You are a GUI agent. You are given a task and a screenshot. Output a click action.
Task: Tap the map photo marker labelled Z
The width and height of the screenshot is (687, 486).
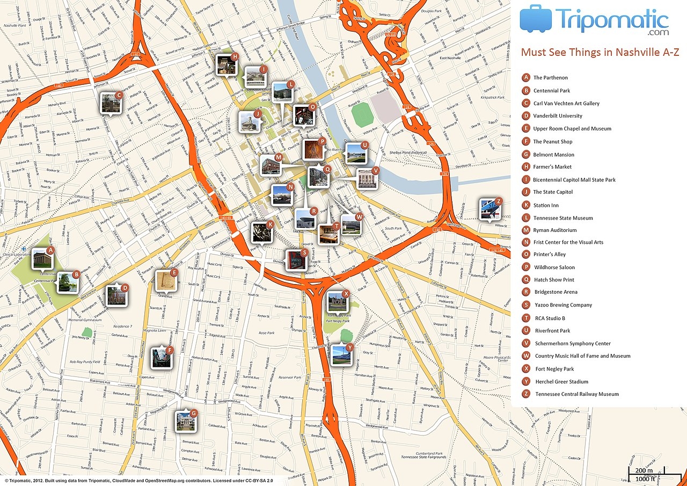(x=490, y=210)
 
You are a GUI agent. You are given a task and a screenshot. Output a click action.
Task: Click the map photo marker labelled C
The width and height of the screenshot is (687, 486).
(x=111, y=103)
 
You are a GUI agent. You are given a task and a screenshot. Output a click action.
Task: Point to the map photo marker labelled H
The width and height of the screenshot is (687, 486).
(x=226, y=65)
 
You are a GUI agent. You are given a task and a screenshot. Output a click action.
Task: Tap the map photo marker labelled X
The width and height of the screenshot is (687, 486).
(x=338, y=302)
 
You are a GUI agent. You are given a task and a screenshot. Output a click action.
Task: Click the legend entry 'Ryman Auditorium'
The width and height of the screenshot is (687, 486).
(x=555, y=230)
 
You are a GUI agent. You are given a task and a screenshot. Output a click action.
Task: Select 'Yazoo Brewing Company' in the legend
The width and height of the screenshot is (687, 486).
(x=563, y=305)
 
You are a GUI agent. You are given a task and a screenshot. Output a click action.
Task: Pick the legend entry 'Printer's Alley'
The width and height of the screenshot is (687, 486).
(x=550, y=255)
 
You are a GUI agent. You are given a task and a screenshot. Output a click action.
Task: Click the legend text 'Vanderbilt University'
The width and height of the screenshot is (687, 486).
(x=557, y=116)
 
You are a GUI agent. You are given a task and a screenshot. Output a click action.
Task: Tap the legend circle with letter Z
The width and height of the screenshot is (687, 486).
(x=527, y=394)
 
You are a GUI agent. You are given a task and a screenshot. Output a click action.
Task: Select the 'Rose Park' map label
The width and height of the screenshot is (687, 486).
(x=267, y=333)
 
